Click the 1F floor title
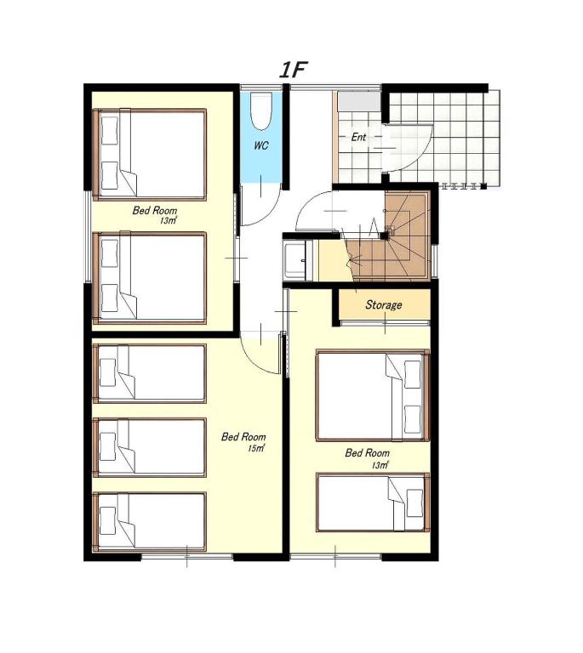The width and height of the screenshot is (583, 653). [293, 70]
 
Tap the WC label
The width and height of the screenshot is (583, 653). [261, 145]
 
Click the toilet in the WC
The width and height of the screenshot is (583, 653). [261, 110]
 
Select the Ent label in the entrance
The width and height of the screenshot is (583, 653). [358, 137]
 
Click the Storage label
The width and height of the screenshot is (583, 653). [383, 305]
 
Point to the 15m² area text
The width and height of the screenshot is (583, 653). [256, 449]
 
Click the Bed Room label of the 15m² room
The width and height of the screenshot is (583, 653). [243, 437]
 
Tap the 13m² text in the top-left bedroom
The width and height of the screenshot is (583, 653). [169, 221]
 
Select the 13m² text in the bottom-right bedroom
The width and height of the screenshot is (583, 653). [380, 465]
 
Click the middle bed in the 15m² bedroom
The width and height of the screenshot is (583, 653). [150, 448]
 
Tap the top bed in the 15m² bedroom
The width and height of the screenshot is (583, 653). [150, 373]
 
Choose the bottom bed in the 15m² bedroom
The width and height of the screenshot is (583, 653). [150, 522]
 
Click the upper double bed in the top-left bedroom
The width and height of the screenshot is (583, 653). [150, 155]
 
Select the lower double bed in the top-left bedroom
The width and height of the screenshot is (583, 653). [150, 278]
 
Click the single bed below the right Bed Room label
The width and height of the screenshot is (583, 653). [373, 503]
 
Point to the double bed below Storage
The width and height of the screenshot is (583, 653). [373, 395]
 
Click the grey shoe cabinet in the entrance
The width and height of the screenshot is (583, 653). [359, 101]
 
